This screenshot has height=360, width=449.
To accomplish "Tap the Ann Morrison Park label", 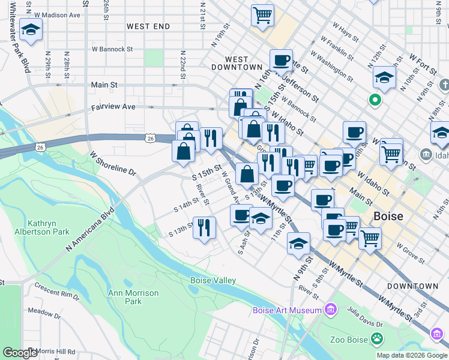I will pos(133,297).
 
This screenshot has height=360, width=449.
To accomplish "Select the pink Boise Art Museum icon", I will pos(330,310).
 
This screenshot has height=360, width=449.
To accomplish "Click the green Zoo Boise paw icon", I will pos(376,340).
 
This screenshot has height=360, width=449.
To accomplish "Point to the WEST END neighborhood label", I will pos(148,26).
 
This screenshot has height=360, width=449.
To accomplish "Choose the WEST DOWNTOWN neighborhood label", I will pos(237,64).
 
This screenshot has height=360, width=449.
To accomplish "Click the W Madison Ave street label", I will pos(58,14).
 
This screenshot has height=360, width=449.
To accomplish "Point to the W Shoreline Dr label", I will pos(113,163).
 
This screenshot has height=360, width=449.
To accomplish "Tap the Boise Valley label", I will pos(213,280).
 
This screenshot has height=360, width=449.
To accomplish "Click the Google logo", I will pos(20,353).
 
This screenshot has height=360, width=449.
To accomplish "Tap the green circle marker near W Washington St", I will pos(376,100).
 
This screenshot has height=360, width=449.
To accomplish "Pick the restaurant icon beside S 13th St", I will pos(204,227).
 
